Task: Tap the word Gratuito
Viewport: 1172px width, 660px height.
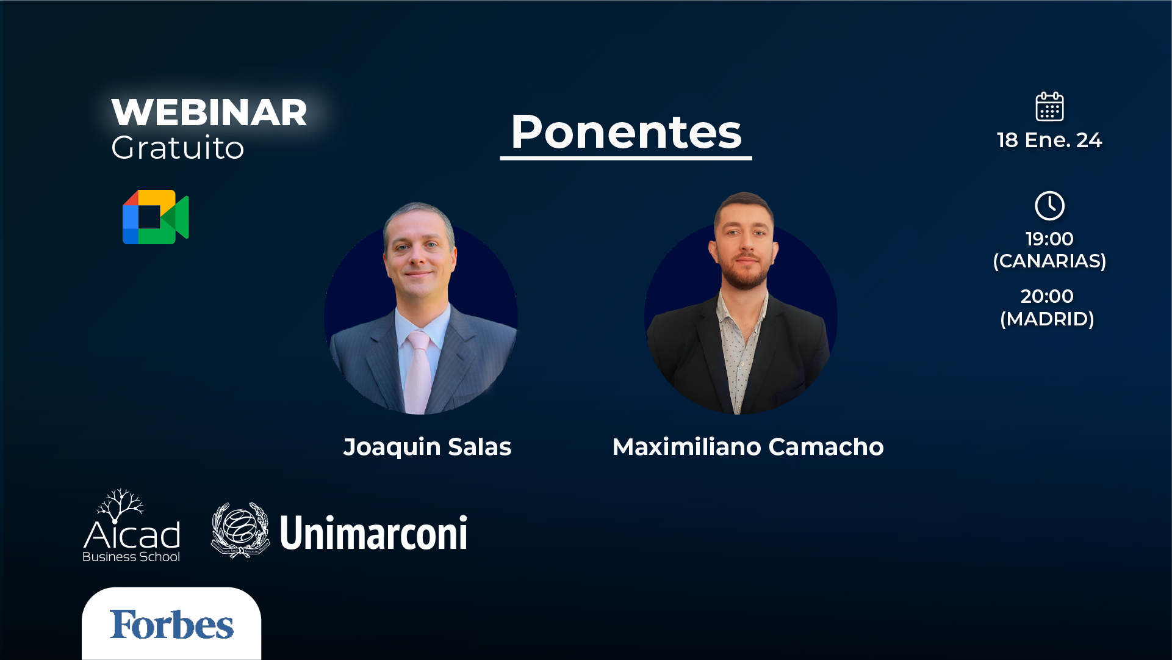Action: point(178,148)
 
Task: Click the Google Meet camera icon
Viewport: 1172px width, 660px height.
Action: point(156,217)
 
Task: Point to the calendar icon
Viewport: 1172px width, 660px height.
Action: point(1049,107)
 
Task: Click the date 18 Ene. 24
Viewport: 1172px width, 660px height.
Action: point(1049,140)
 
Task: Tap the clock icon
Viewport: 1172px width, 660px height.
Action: point(1049,206)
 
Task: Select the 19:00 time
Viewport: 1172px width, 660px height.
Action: point(1049,239)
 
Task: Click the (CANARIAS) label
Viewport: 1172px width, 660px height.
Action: point(1049,261)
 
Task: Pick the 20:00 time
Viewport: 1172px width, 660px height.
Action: point(1047,296)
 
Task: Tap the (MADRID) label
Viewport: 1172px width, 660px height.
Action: point(1047,319)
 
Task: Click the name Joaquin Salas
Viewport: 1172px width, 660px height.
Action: point(427,447)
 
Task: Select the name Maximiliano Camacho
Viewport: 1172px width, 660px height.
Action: point(748,447)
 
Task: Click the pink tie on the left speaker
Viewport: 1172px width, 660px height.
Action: point(418,372)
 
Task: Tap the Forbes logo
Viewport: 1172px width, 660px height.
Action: point(171,625)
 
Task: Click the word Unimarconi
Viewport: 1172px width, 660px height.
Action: point(373,533)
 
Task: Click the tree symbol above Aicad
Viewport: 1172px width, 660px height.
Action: point(121,504)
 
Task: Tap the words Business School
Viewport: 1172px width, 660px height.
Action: point(131,557)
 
